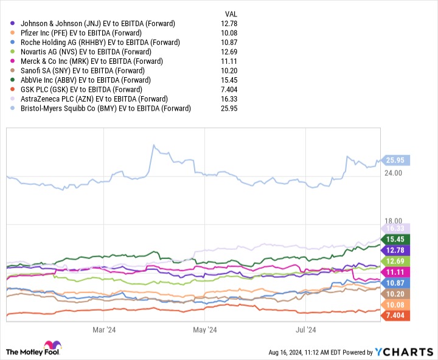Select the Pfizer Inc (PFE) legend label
[x=81, y=33]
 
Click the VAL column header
[x=232, y=13]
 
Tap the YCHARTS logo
[x=408, y=351]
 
